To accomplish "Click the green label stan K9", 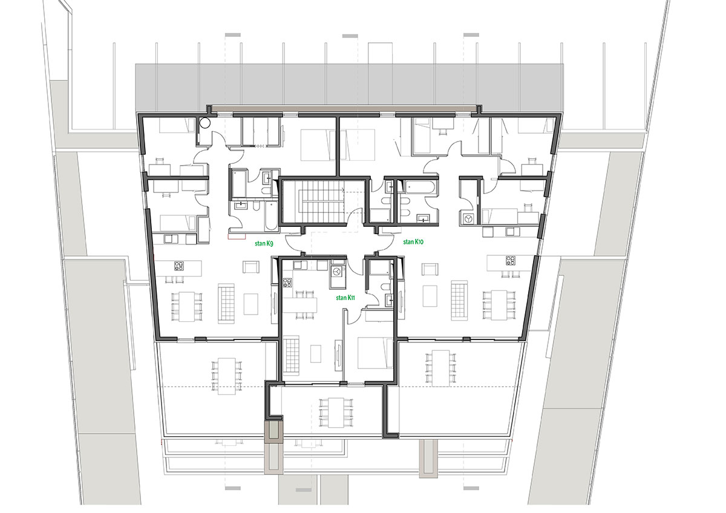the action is coord(264,244).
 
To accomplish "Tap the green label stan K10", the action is coord(414,242).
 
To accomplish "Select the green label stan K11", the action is coord(345,298).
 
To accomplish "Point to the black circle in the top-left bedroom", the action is coord(205,123).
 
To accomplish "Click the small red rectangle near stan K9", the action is coord(237,237).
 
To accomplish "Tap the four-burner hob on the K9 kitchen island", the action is coord(179,266).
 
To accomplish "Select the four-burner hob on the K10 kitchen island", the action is coord(511,261).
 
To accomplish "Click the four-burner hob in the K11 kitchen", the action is coord(288,283).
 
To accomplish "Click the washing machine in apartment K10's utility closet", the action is coord(468,219).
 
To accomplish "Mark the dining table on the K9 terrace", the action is coord(226,376).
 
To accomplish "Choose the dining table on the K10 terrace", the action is coord(442,368).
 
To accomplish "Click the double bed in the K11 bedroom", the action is coord(374,353).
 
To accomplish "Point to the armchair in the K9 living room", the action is coord(251,267).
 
